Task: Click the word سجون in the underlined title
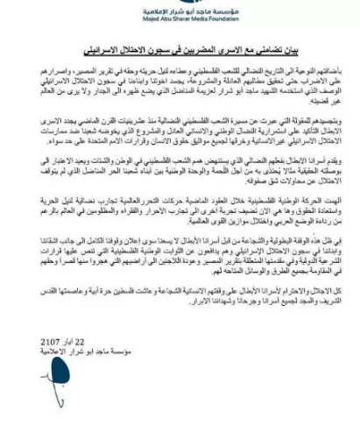[x=154, y=46]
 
